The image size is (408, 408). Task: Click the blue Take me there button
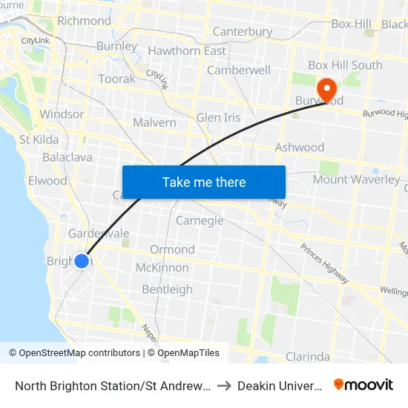click(x=203, y=182)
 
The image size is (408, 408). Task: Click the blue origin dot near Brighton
click(x=82, y=261)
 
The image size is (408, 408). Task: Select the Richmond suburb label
click(x=84, y=20)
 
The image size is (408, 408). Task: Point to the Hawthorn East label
click(x=187, y=51)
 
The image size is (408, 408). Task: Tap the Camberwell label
click(x=238, y=70)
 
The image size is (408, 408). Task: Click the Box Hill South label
click(x=345, y=65)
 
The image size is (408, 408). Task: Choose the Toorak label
click(x=117, y=79)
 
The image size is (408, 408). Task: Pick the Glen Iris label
click(x=218, y=118)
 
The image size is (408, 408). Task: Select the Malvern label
click(x=154, y=122)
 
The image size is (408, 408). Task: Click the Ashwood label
click(x=299, y=147)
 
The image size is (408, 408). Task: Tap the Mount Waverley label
click(x=355, y=180)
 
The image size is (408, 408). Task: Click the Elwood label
click(x=47, y=180)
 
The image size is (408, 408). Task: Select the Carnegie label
click(x=200, y=220)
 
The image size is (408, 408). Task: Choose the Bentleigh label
click(x=167, y=289)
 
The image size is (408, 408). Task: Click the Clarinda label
click(x=307, y=356)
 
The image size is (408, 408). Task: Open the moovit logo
click(x=363, y=384)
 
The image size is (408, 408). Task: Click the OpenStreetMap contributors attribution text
click(x=74, y=353)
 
